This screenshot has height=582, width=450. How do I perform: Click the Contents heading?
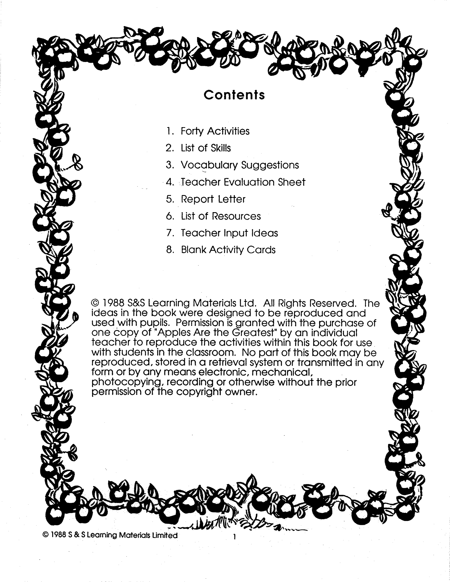pyautogui.click(x=234, y=95)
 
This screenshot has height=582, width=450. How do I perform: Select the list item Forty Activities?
pyautogui.click(x=215, y=131)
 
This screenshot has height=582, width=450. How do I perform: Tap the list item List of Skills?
pyautogui.click(x=205, y=148)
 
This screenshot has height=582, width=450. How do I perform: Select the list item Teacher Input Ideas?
pyautogui.click(x=229, y=233)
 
